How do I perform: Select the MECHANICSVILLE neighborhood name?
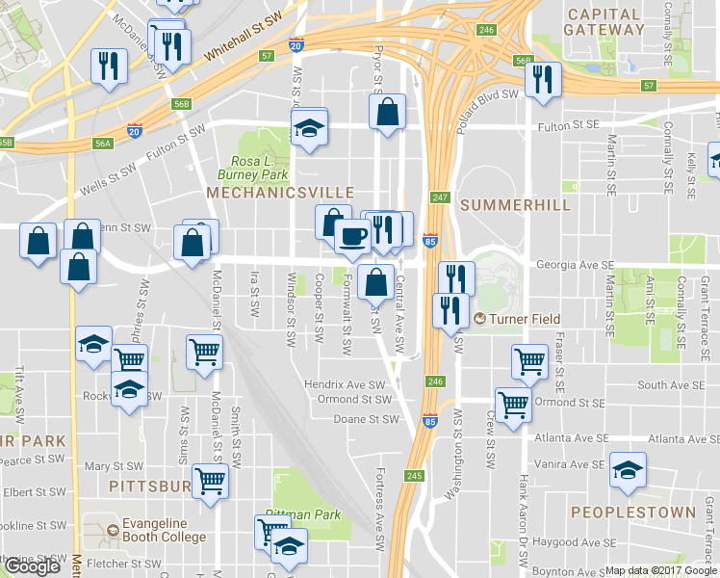280,194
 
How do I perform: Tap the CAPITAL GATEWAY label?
604,22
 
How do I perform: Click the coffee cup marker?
352,236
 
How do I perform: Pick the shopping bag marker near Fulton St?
387,111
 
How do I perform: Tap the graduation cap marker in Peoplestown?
628,470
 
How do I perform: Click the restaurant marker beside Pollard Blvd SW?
546,80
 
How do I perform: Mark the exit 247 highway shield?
440,197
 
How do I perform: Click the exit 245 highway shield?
415,475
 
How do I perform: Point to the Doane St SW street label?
366,419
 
